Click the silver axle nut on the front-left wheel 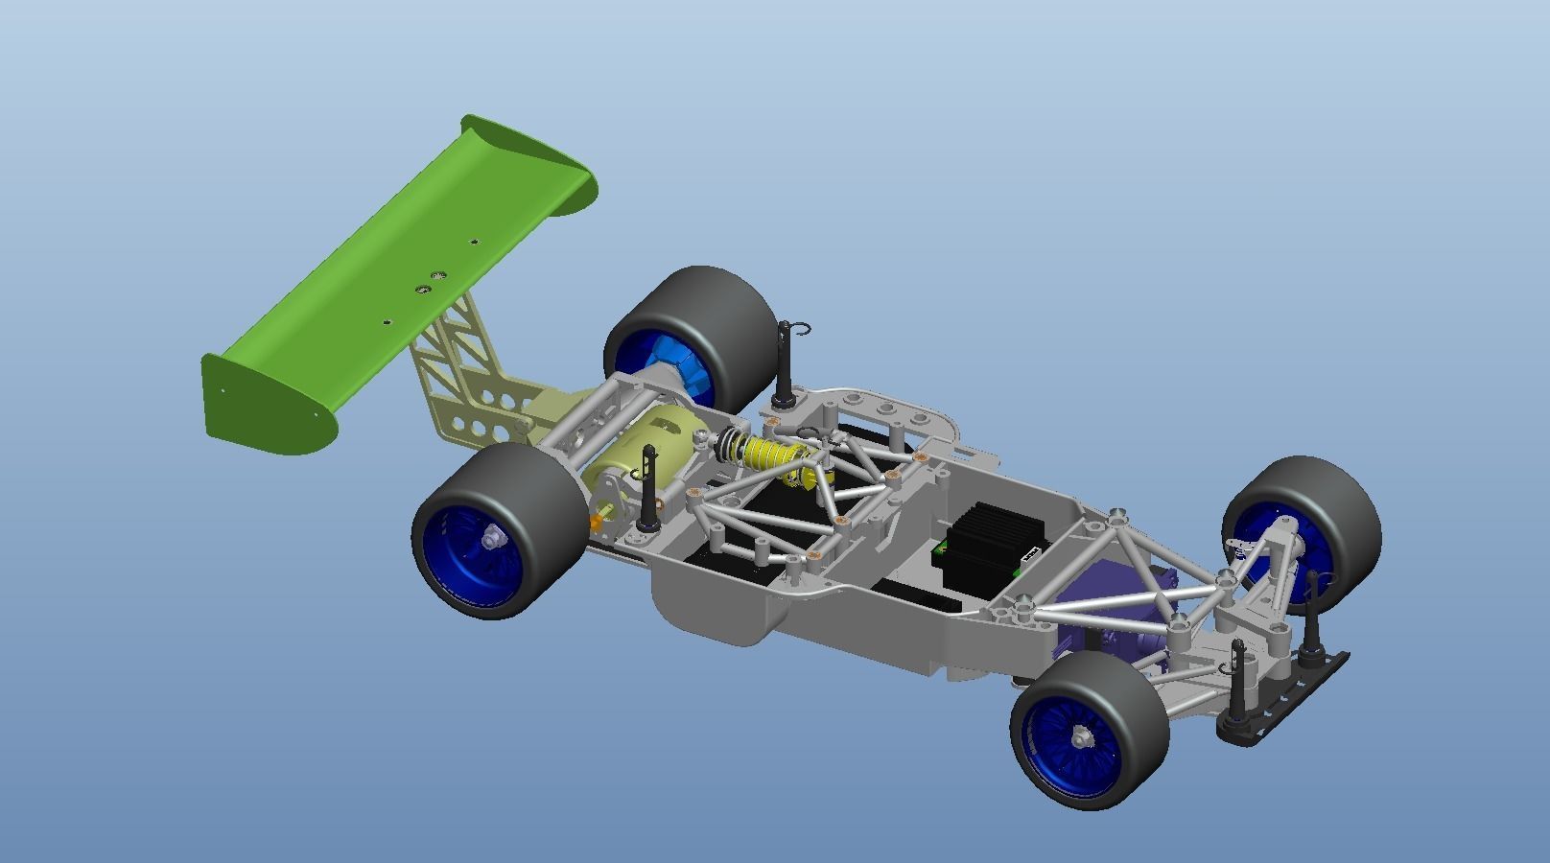(x=1081, y=737)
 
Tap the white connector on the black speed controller (x=1031, y=552)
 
